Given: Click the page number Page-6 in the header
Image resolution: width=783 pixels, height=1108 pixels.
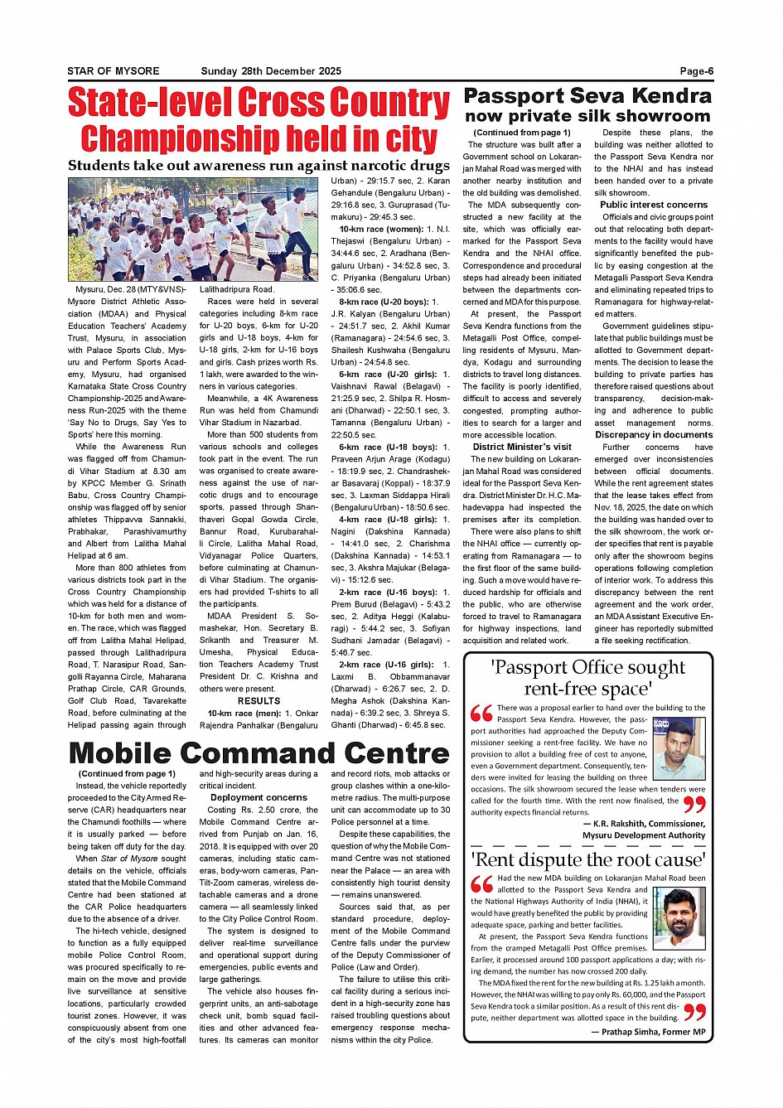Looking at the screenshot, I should tap(696, 71).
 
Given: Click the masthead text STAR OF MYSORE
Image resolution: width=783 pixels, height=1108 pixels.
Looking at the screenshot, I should tap(114, 71).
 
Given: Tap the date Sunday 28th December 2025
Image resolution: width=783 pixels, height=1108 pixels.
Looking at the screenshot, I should tap(271, 71).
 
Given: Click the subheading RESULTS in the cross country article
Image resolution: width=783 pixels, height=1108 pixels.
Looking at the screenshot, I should tap(259, 700).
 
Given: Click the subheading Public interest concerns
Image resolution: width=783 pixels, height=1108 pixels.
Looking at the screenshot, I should tap(654, 205).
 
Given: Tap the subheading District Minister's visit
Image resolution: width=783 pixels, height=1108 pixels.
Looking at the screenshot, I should tap(522, 447).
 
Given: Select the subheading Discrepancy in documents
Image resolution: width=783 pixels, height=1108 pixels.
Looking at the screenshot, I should tap(654, 434).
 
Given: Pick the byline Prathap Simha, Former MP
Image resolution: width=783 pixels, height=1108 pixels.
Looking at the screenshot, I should tap(648, 1032).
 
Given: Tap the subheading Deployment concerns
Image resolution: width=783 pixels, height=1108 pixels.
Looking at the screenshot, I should tap(259, 798).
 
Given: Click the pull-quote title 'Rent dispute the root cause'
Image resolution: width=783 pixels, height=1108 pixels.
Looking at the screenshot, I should tap(588, 859).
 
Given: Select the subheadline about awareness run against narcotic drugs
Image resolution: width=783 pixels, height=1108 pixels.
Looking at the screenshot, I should tap(259, 166).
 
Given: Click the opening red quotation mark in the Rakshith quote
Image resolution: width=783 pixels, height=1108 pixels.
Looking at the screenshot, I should tap(481, 713).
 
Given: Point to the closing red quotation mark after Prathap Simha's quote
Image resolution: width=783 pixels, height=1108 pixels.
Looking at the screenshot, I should tap(694, 1011).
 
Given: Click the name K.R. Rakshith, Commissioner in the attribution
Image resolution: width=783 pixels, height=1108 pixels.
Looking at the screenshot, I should tap(644, 824).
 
